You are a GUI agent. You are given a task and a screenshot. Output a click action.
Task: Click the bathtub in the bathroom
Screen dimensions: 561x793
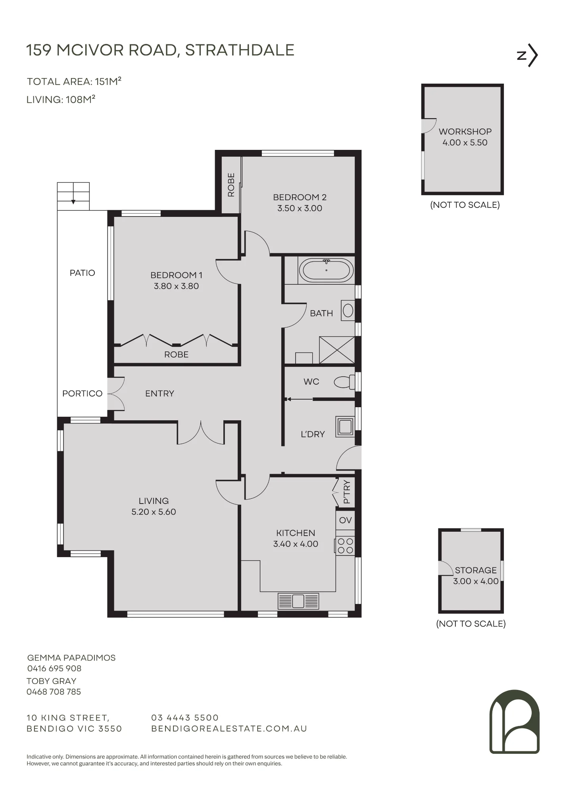(x=326, y=270)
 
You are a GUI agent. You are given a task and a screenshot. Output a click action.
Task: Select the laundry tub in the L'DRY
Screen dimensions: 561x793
(x=344, y=427)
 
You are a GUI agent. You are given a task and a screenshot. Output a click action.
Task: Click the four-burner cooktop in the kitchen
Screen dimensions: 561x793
(x=345, y=546)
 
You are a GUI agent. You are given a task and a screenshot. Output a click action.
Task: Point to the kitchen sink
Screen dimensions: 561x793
(x=298, y=601)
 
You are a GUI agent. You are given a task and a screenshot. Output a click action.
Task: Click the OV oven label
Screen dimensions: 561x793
(x=345, y=520)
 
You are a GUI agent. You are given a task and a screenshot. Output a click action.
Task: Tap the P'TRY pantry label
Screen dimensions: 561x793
(x=347, y=492)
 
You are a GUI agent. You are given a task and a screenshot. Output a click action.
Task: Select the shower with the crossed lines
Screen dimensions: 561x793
(x=337, y=350)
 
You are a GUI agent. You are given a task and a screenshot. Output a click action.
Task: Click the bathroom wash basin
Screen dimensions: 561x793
(x=348, y=310)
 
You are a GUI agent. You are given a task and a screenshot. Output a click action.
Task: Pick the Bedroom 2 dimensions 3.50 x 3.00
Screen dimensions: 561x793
(x=300, y=208)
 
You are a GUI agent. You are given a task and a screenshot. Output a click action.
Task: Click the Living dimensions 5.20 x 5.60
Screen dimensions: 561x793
(x=154, y=512)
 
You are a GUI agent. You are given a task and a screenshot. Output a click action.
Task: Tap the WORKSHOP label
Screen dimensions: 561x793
(x=465, y=132)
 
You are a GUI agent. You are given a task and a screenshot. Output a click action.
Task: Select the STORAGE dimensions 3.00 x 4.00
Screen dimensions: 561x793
(x=476, y=581)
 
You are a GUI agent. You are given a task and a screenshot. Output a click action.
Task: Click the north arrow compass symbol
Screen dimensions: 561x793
(x=528, y=56)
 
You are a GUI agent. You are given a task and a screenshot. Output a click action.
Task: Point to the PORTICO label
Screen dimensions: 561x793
(x=82, y=393)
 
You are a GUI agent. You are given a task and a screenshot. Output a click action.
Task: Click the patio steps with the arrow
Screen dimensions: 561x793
(x=73, y=196)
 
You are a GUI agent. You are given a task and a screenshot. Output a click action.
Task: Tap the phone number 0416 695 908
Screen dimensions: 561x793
(x=54, y=668)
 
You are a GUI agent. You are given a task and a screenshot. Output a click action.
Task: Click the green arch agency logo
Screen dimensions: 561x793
(x=515, y=722)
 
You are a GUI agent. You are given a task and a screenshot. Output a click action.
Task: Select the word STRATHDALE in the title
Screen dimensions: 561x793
(x=240, y=50)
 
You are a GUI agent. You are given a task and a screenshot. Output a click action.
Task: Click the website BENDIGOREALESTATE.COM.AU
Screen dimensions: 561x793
(x=229, y=729)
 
